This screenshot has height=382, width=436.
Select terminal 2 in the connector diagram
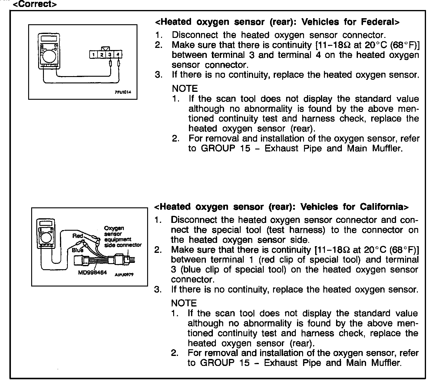pyautogui.click(x=102, y=55)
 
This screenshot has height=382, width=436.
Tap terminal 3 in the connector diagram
pyautogui.click(x=110, y=55)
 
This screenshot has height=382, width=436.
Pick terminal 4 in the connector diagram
pyautogui.click(x=118, y=55)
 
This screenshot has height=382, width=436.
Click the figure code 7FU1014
pyautogui.click(x=123, y=92)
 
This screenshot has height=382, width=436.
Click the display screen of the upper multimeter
pyautogui.click(x=48, y=39)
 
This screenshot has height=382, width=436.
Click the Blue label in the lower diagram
pyautogui.click(x=77, y=250)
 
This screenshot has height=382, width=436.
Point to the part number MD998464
pyautogui.click(x=92, y=272)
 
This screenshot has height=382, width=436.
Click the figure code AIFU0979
pyautogui.click(x=124, y=275)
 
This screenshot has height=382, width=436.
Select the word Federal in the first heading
pyautogui.click(x=380, y=22)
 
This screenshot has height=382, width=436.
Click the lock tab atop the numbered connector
pyautogui.click(x=106, y=49)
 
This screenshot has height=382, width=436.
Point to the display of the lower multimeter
pyautogui.click(x=45, y=223)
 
